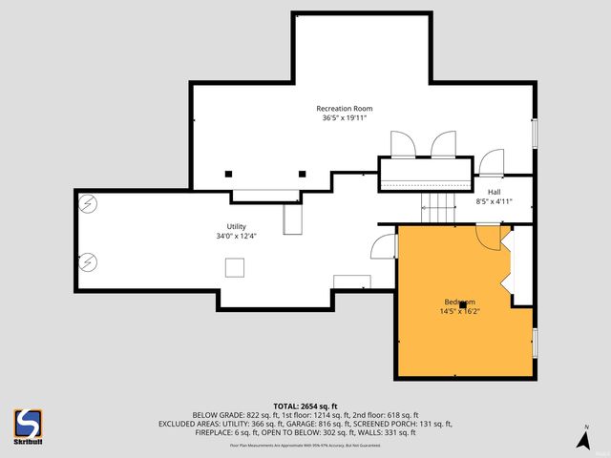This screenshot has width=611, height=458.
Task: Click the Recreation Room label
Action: pos(344,109)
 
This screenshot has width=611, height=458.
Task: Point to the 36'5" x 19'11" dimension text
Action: pos(344,118)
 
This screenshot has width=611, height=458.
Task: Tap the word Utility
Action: pos(236,226)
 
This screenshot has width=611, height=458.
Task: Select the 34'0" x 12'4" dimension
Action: pos(236,236)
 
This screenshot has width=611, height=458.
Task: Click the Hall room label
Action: pos(495,192)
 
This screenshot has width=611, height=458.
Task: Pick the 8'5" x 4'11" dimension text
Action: pos(495,201)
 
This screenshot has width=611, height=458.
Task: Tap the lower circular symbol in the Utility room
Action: pos(88,260)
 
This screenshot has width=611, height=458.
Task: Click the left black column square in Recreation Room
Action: pos(229,174)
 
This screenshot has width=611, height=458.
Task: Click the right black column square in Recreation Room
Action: pos(303,174)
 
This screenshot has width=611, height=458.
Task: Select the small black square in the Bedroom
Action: pos(463,304)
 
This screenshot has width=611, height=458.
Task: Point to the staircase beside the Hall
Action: pos(438,205)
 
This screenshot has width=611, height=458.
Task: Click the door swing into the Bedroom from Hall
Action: pos(488,238)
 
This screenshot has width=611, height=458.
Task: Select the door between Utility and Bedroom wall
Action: pos(385,247)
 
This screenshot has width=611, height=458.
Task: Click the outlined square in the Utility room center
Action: pos(234,268)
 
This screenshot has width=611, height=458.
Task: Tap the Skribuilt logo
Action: pos(28,427)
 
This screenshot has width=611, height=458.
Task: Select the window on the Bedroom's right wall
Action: pos(535,341)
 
